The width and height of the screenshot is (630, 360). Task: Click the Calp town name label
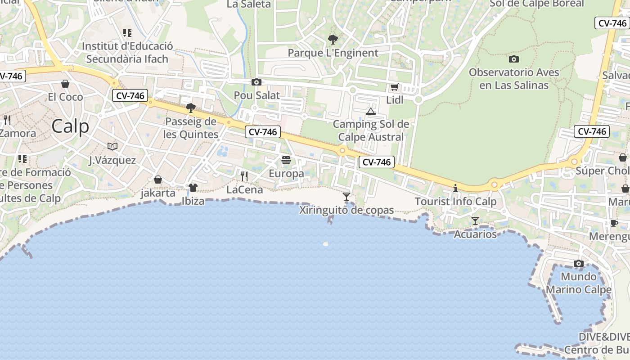coord(70,126)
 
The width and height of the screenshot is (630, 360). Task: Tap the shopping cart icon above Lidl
coord(395,87)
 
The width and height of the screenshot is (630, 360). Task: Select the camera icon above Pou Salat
coord(256,82)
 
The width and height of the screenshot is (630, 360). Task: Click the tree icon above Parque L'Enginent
coord(333,40)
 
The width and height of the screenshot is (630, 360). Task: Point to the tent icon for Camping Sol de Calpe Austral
coord(371,111)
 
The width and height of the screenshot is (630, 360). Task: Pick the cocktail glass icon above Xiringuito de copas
coord(346,196)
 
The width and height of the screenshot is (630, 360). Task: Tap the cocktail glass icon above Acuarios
coord(475,220)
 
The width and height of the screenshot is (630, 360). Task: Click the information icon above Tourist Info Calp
coord(455,188)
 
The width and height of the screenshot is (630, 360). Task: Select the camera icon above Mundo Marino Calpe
coord(579,263)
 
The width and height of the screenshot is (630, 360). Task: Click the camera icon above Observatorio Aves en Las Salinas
coord(513,59)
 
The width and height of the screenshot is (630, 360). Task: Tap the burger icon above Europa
coord(286,160)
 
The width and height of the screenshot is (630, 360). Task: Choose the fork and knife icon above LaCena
coord(244,176)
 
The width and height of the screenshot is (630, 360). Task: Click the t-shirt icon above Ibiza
coord(193,188)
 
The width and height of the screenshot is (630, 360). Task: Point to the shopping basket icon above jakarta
coord(158,180)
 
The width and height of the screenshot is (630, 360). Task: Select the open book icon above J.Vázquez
coord(112,146)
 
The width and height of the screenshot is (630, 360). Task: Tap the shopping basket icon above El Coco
coord(65,84)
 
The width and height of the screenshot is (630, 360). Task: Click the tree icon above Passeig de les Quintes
coord(191,108)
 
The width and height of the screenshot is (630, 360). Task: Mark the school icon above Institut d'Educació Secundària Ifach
coord(127,32)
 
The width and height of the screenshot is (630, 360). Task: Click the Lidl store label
coord(395,100)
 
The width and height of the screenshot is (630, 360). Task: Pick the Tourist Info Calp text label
coord(455,201)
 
